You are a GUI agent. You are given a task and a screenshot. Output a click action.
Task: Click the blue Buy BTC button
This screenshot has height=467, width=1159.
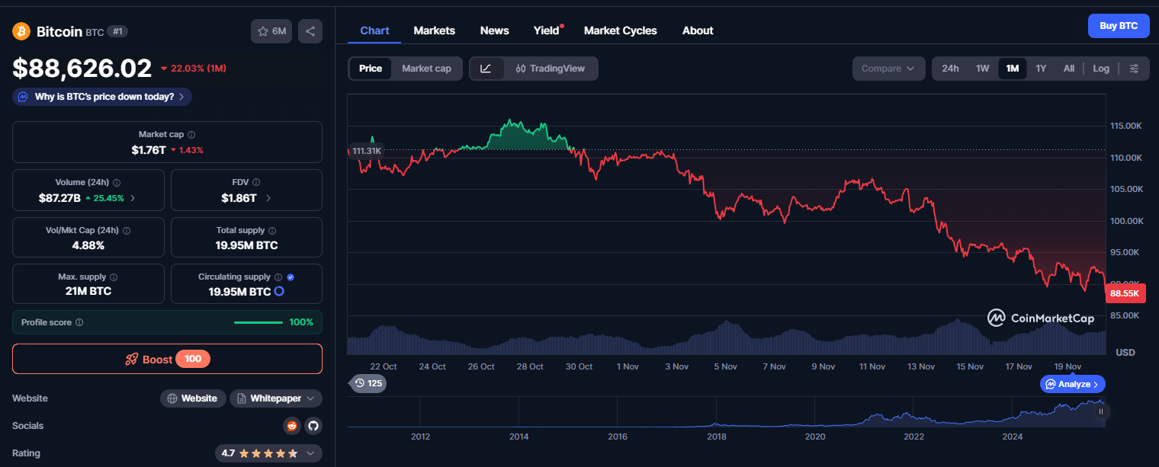coord(1118,26)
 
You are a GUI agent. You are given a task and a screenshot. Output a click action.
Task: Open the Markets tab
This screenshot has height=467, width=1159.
coord(434,30)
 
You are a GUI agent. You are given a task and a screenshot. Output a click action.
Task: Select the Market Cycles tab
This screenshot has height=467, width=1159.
coord(620,30)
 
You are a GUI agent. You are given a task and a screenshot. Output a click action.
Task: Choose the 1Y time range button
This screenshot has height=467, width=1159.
coord(1041,69)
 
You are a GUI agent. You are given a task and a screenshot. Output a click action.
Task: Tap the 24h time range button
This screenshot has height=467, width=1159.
coord(950,69)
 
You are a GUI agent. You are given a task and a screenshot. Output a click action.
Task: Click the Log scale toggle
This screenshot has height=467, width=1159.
coord(1100,69)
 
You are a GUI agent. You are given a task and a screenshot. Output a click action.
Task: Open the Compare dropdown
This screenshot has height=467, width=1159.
coord(888,69)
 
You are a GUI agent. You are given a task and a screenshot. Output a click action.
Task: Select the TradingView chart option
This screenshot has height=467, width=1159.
coord(550,69)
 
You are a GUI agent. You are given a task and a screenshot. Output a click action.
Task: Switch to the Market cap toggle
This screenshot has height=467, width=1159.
coord(426,69)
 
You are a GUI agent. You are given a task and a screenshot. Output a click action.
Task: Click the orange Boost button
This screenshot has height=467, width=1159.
coord(167,359)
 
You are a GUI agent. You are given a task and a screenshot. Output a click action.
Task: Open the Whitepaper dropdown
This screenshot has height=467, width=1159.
coord(275,398)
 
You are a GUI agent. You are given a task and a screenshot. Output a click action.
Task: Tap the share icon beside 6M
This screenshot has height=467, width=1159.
coord(310,31)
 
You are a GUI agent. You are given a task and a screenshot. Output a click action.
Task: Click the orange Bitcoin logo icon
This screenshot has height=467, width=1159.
coord(21,31)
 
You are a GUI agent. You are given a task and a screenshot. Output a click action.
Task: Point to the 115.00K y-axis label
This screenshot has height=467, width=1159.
coord(1125,126)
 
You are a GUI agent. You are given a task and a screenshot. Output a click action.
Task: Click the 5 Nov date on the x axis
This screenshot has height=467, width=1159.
coord(724,366)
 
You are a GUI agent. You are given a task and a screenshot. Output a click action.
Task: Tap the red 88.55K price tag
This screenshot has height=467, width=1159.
coord(1125,293)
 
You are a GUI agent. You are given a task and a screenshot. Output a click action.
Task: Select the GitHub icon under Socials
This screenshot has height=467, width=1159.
coord(313,426)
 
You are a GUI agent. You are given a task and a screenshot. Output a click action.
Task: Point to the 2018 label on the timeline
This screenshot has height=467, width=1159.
coord(716,437)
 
